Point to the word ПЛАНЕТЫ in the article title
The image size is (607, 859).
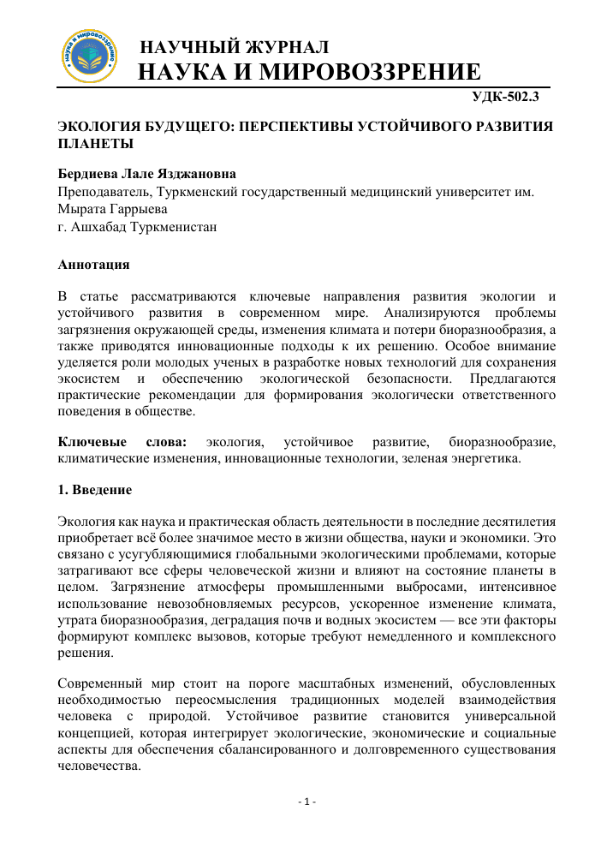pos(95,143)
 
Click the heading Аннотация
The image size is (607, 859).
pos(93,264)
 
